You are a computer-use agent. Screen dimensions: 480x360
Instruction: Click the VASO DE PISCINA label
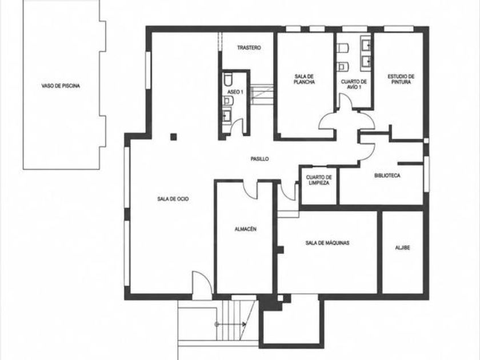(61, 86)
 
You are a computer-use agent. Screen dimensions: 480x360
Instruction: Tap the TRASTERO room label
(249, 48)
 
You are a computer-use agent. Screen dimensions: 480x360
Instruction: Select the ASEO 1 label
(235, 92)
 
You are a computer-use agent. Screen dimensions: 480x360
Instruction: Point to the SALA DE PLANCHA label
(304, 79)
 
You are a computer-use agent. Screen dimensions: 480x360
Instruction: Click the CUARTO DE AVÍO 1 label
(354, 84)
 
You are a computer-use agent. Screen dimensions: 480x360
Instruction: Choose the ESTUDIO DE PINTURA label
(401, 79)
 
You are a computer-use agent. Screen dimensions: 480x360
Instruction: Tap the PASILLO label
(259, 159)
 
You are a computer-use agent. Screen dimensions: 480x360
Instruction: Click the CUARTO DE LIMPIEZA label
(319, 180)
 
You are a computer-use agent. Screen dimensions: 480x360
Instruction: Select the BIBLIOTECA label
(387, 176)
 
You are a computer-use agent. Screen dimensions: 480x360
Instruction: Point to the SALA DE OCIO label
(173, 199)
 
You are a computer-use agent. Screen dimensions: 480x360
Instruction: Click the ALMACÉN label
(245, 229)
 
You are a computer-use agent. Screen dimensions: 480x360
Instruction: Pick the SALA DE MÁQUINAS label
(327, 243)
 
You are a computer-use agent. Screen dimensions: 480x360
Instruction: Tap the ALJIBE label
(402, 247)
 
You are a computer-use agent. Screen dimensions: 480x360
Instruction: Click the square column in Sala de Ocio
(174, 137)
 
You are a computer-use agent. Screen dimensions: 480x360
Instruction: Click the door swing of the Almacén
(250, 190)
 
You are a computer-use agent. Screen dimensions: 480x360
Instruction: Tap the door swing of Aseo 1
(237, 126)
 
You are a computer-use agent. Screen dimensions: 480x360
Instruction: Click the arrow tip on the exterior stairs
(245, 324)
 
